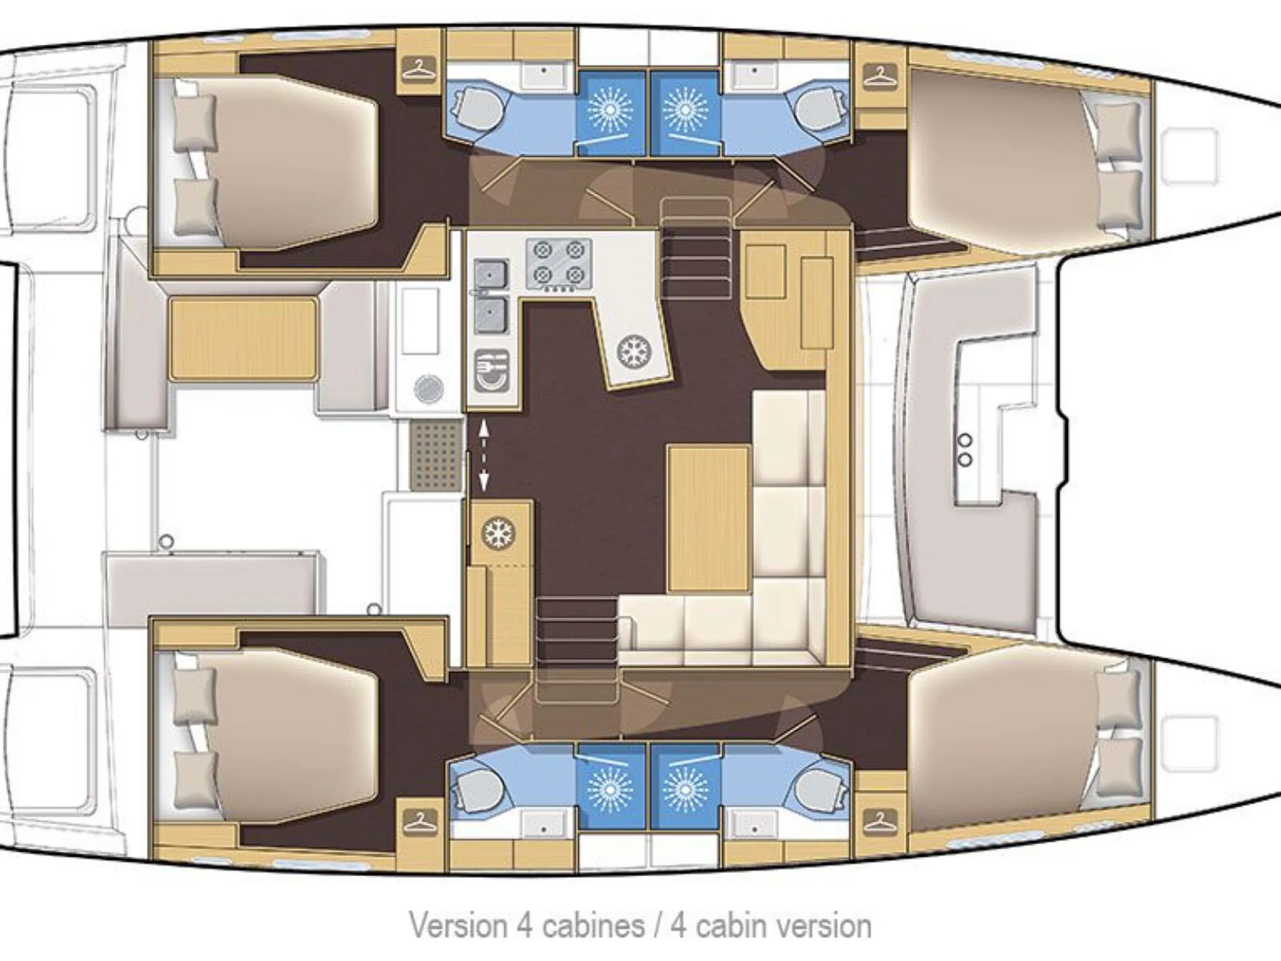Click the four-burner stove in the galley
(559, 264)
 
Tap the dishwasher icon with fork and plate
(492, 370)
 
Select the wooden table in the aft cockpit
(244, 339)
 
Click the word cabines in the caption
(594, 926)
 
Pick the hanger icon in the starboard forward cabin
(880, 821)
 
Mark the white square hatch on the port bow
(1190, 156)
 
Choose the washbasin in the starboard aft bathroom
(543, 825)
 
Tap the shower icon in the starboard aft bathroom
(611, 788)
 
